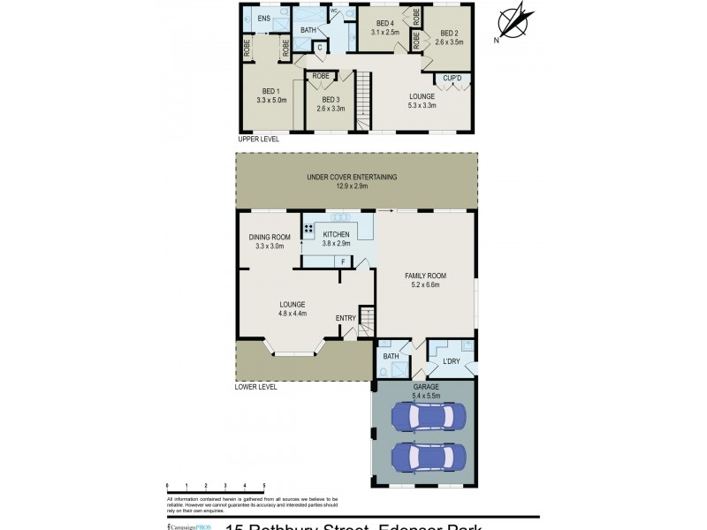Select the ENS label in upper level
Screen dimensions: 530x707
coord(263,19)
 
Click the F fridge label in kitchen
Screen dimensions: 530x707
coord(342,262)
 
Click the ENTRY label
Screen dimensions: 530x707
coord(346,318)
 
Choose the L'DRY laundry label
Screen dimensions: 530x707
coord(450,362)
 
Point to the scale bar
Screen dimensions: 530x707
coord(216,488)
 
